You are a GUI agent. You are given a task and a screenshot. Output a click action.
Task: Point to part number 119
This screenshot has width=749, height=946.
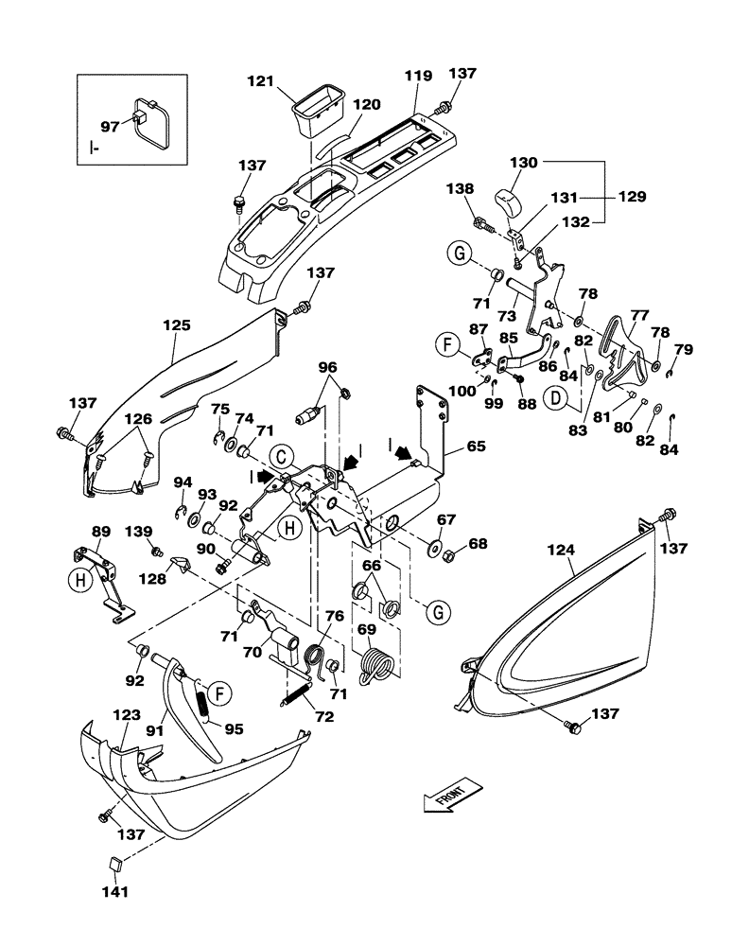[x=417, y=76]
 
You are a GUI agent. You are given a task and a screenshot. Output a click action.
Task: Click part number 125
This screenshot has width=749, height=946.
[x=177, y=325]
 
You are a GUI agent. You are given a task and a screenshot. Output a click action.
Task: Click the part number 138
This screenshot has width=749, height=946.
[x=461, y=189]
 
